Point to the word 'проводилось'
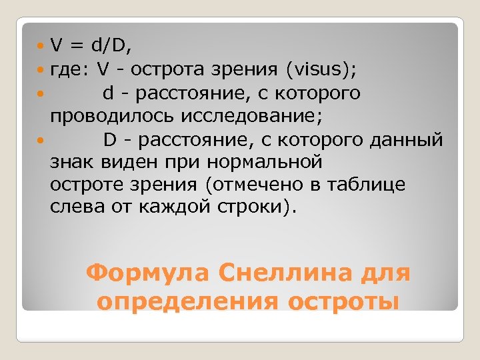[107, 115]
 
